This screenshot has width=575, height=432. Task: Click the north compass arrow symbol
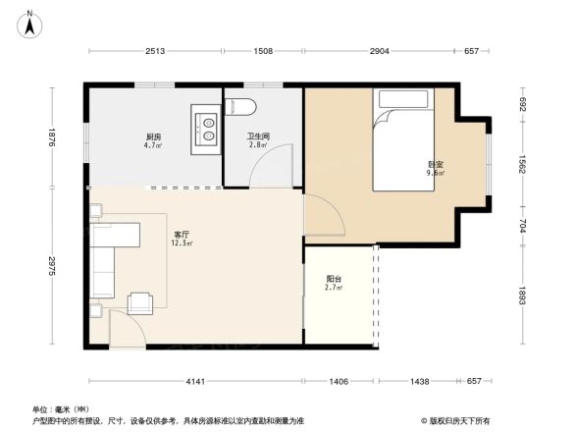tap(30, 23)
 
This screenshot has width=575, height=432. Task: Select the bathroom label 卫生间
tap(258, 136)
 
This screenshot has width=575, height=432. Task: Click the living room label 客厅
tap(183, 235)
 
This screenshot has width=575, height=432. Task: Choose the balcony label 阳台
tap(335, 279)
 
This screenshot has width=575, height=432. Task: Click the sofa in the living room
tap(105, 258)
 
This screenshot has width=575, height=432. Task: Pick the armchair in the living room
tap(139, 303)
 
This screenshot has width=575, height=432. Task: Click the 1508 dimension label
tap(263, 51)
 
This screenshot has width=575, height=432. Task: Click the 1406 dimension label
tap(339, 381)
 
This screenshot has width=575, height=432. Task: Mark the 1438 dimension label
tap(419, 381)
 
